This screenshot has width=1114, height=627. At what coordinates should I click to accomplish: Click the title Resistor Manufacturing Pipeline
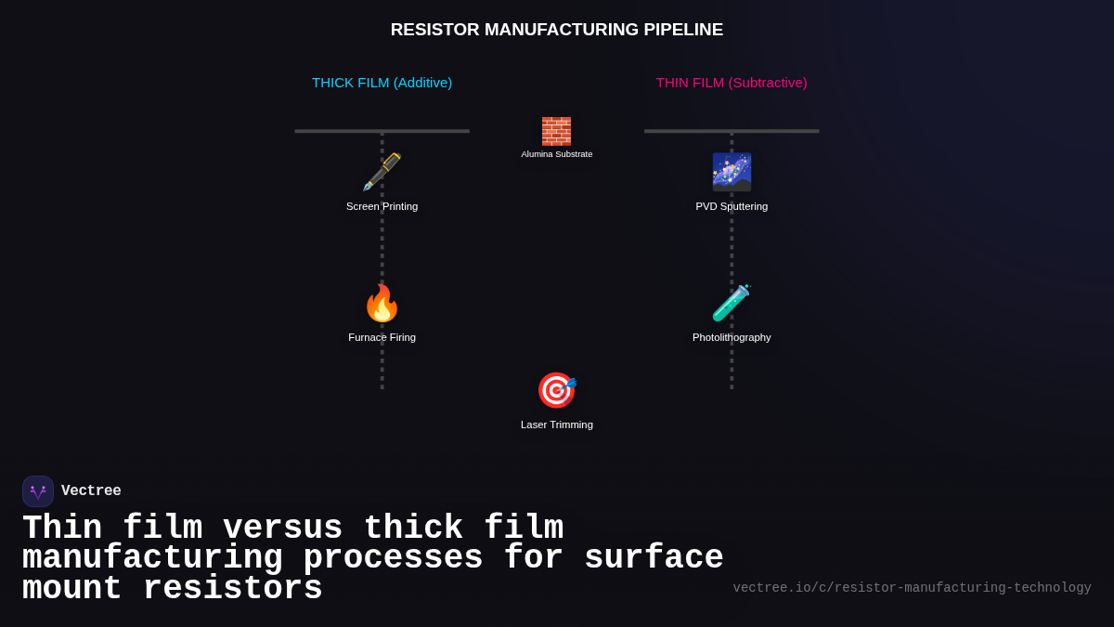pos(556,30)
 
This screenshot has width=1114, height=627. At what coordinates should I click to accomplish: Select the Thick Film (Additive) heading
pos(382,83)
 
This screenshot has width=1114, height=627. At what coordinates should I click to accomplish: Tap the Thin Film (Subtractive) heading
pos(732,83)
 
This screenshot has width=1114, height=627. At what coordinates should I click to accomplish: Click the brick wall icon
pos(556,131)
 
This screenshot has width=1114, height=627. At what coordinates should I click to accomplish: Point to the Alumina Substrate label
pos(556,154)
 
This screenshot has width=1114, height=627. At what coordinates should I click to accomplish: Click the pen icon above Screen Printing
pos(382,172)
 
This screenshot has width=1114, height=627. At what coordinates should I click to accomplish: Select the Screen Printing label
pos(382,206)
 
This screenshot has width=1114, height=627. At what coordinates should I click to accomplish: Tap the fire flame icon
pos(382,303)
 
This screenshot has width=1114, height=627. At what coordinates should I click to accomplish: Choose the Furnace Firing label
pos(382,337)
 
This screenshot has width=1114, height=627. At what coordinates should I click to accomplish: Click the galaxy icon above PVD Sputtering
pos(732,172)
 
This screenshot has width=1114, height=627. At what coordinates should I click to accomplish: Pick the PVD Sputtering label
pos(732,206)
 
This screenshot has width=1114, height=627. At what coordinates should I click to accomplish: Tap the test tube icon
pos(732,303)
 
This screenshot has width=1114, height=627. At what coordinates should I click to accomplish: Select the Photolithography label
pos(732,337)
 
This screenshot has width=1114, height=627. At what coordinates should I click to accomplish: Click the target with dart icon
pos(556,390)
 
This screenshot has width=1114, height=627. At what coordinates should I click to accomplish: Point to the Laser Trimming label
pos(556,425)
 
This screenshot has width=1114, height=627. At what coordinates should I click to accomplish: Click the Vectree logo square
pos(38,491)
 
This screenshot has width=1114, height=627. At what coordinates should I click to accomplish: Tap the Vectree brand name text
pos(91,491)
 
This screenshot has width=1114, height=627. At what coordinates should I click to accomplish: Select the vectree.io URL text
pos(912,588)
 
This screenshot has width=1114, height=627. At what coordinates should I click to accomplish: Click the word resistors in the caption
pos(232,589)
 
